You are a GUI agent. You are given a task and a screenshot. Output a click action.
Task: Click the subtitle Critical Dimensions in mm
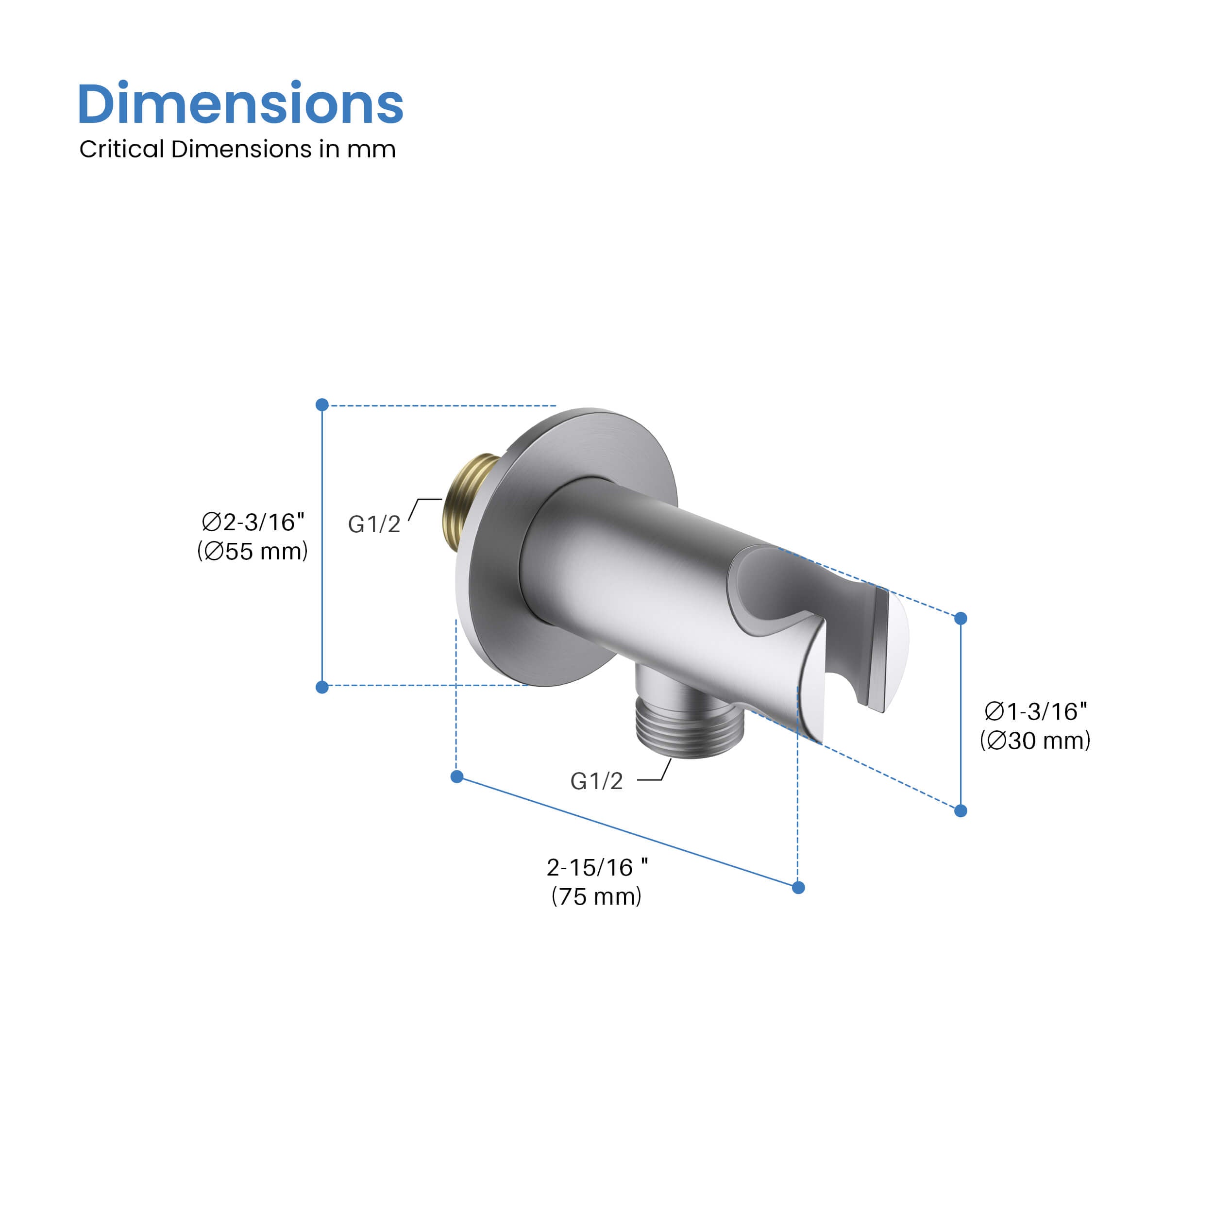pos(237,150)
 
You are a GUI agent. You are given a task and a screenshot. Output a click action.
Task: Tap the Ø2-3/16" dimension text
pos(253,522)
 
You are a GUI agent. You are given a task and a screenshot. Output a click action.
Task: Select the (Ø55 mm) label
pos(253,551)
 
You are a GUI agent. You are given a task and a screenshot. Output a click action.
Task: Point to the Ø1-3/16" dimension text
pos(1036,711)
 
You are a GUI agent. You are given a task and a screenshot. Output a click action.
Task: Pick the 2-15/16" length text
pos(597,867)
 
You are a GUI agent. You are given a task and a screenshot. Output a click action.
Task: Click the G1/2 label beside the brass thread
pos(374,524)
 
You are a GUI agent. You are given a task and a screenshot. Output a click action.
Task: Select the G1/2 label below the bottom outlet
pos(596,781)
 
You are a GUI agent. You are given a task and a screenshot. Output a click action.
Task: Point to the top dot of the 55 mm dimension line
pos(322,405)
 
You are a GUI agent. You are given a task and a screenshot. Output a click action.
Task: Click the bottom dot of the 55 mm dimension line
pos(322,688)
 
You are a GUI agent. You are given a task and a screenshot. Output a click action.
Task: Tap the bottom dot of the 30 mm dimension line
pos(961,811)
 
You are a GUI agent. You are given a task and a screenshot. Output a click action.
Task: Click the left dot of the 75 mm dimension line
pos(457,776)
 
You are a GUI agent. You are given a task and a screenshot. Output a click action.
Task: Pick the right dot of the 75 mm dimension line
pos(799,888)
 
